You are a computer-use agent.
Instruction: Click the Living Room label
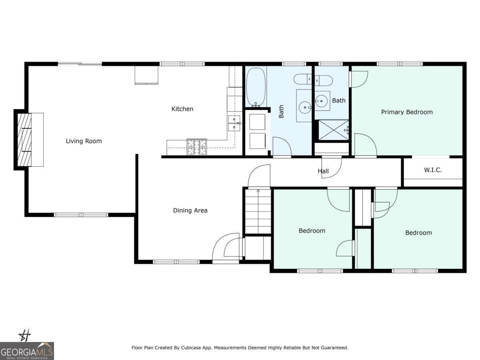tap(84, 141)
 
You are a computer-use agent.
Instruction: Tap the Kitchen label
tap(182, 109)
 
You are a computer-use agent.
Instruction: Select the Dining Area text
tap(190, 210)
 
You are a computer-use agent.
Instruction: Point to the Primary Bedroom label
tap(407, 112)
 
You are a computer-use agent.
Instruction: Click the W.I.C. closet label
tap(433, 170)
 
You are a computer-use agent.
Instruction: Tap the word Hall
tap(323, 171)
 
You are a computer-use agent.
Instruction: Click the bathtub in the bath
tap(256, 87)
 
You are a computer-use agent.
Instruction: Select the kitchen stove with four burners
tap(196, 147)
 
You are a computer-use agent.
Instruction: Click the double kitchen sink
tap(234, 123)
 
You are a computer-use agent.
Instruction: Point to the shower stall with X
tap(334, 130)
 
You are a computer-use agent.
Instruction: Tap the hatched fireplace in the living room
tap(24, 140)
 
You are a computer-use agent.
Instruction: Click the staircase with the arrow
tap(258, 211)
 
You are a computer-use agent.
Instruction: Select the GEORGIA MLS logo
tap(27, 351)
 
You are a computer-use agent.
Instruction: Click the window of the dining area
tap(176, 262)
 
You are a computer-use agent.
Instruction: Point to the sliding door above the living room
tap(80, 64)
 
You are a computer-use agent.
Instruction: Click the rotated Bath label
tap(281, 111)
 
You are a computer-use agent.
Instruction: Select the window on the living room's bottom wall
tap(81, 215)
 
